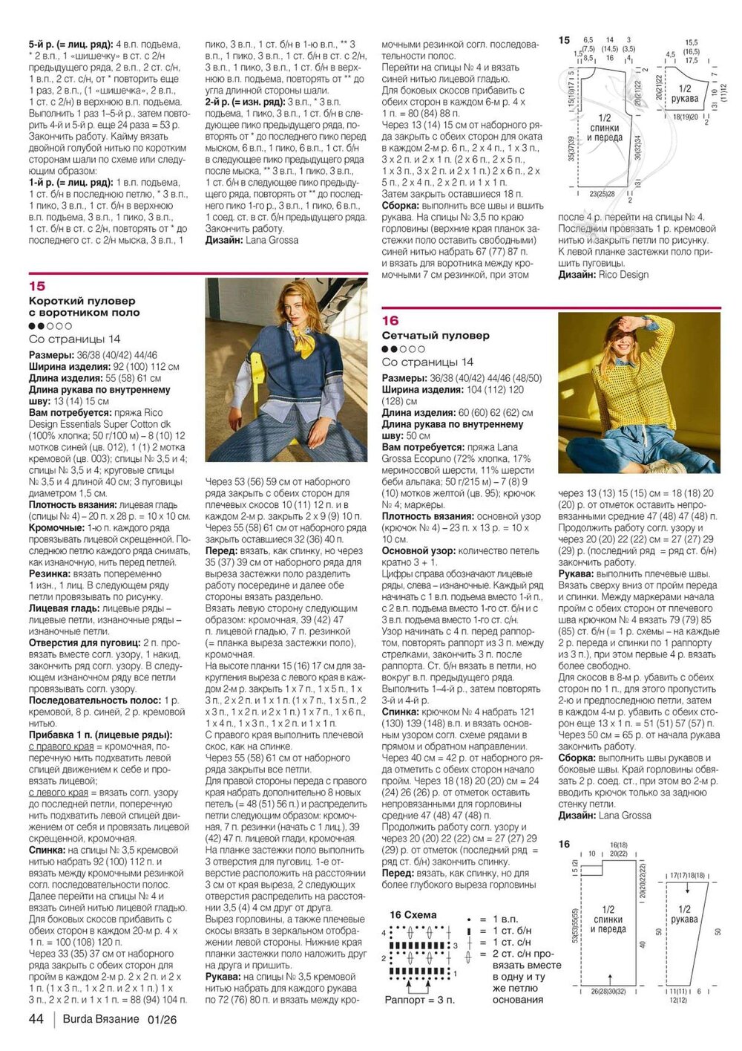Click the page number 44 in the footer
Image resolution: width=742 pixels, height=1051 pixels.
click(x=36, y=1019)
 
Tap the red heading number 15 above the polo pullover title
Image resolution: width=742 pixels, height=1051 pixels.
click(x=37, y=286)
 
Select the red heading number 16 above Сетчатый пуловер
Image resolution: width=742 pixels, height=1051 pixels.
click(x=390, y=321)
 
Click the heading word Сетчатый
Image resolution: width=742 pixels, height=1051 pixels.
click(x=410, y=336)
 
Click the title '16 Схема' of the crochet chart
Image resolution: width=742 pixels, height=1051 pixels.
click(x=413, y=915)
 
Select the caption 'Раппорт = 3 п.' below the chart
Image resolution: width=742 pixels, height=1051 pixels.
click(x=419, y=1000)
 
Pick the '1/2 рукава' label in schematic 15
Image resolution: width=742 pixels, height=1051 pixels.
click(x=684, y=94)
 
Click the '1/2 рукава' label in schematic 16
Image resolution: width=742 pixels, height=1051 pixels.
click(x=684, y=914)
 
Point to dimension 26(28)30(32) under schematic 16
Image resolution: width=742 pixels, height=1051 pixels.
click(x=608, y=992)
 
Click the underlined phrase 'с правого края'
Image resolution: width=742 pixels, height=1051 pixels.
click(x=62, y=746)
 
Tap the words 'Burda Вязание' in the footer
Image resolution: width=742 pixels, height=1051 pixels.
click(x=100, y=1019)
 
